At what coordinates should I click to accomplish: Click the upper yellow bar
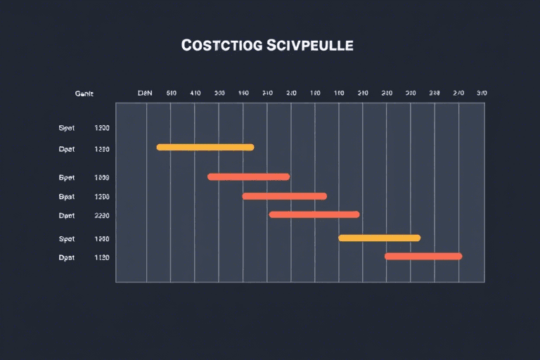point(205,147)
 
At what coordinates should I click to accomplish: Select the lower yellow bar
point(379,238)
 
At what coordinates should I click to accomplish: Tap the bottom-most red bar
point(423,256)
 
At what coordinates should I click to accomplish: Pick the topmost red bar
point(248,176)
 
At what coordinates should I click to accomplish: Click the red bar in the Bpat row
point(284,196)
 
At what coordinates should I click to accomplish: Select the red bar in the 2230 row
point(314,214)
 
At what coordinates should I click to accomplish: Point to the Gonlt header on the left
point(84,93)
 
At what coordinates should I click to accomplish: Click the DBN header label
point(145,93)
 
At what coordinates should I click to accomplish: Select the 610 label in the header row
point(171,93)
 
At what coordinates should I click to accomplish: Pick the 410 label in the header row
point(195,93)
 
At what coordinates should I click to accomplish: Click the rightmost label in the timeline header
point(482,93)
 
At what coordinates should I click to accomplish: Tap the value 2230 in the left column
point(102,216)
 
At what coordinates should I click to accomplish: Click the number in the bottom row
point(102,258)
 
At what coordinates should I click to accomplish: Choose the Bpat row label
point(67,197)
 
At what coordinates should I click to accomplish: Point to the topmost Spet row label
point(67,129)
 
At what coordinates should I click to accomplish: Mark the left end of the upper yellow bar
point(160,147)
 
